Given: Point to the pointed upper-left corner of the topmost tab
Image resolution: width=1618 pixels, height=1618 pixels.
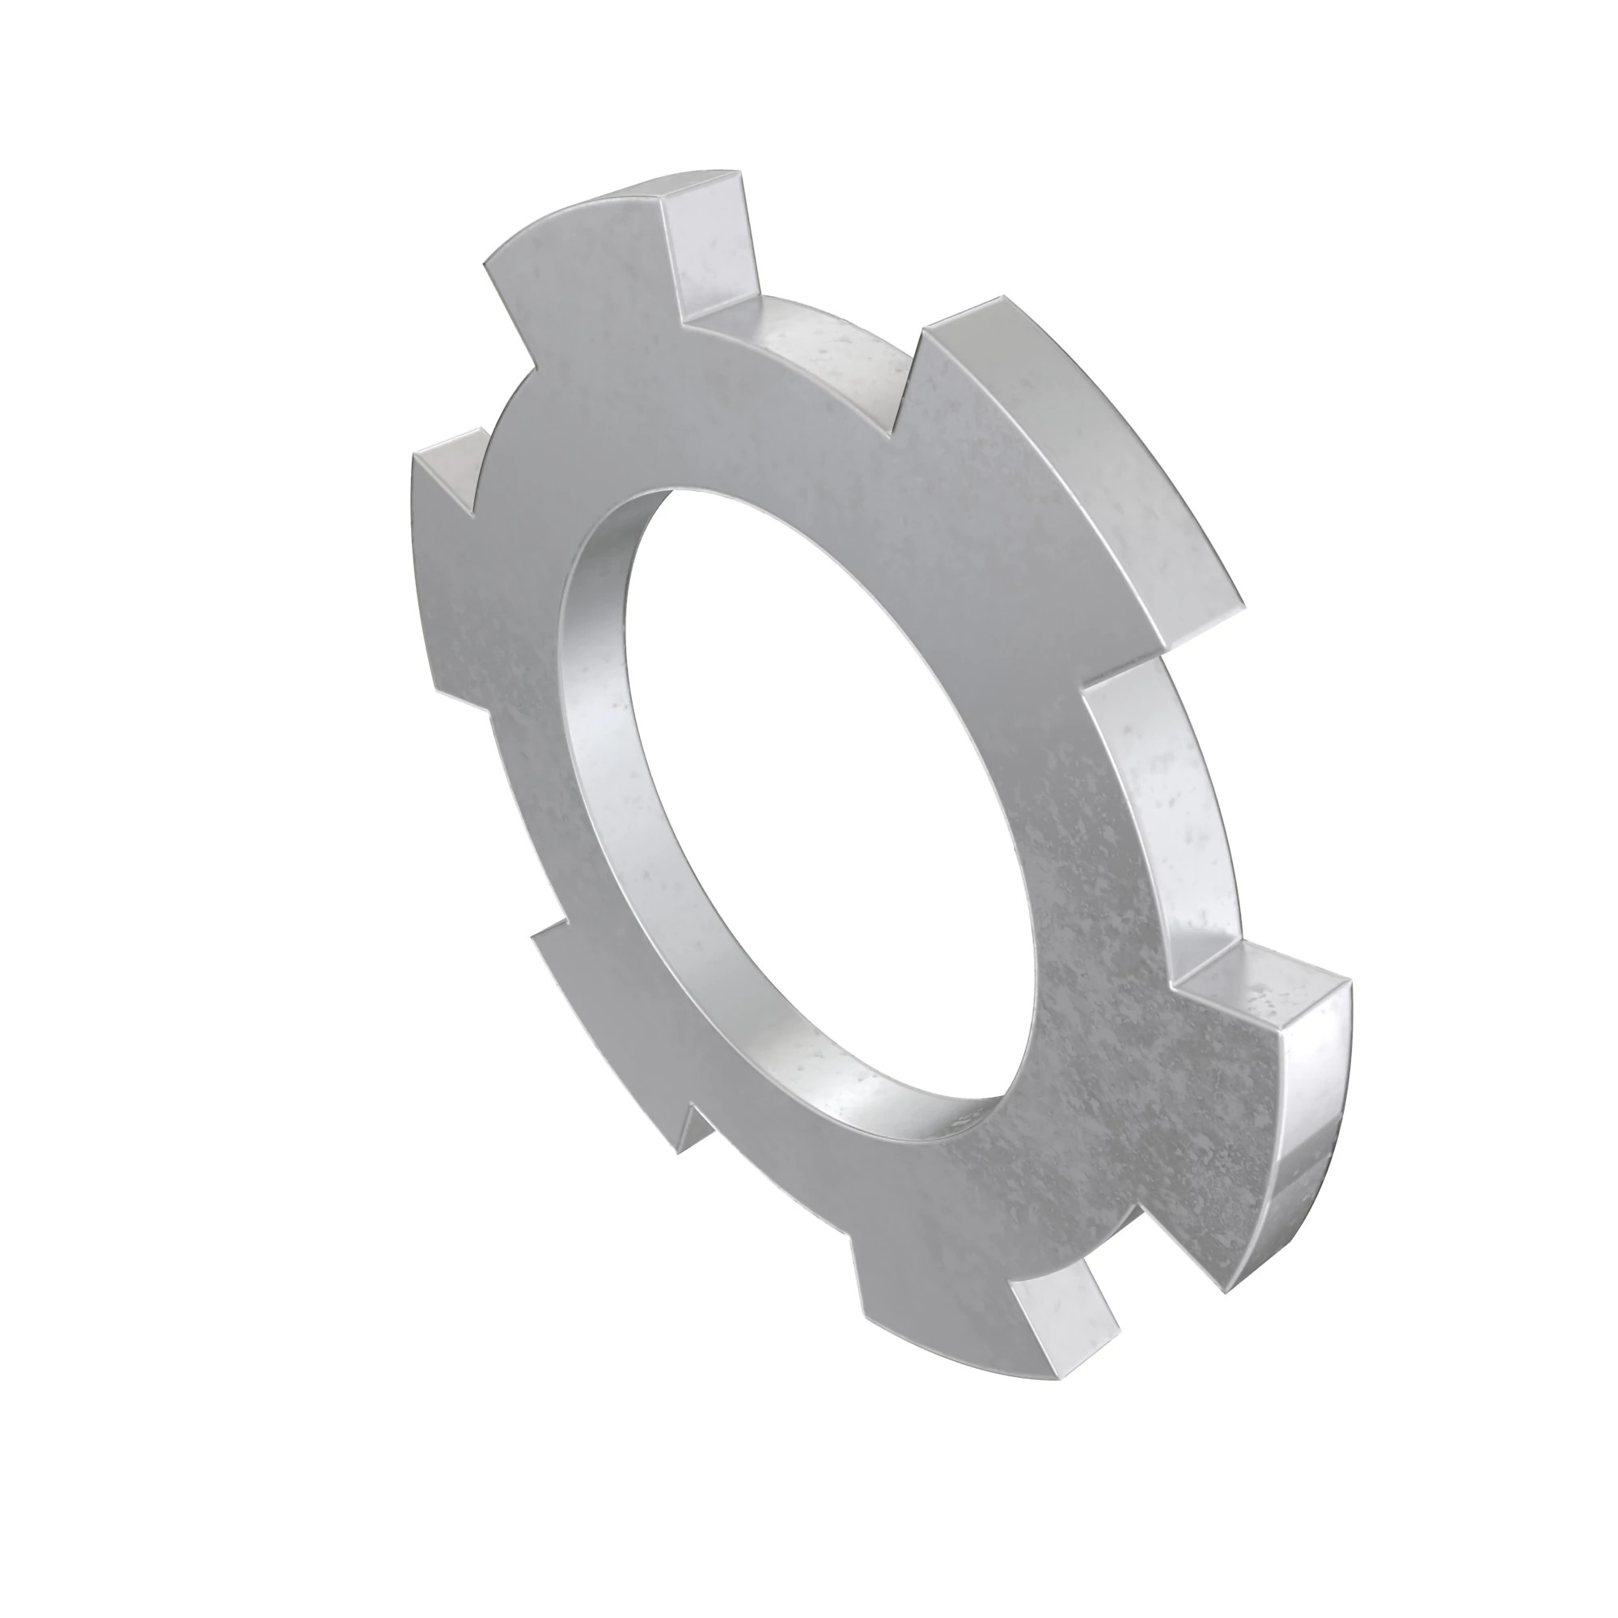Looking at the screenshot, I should tap(485, 266).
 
